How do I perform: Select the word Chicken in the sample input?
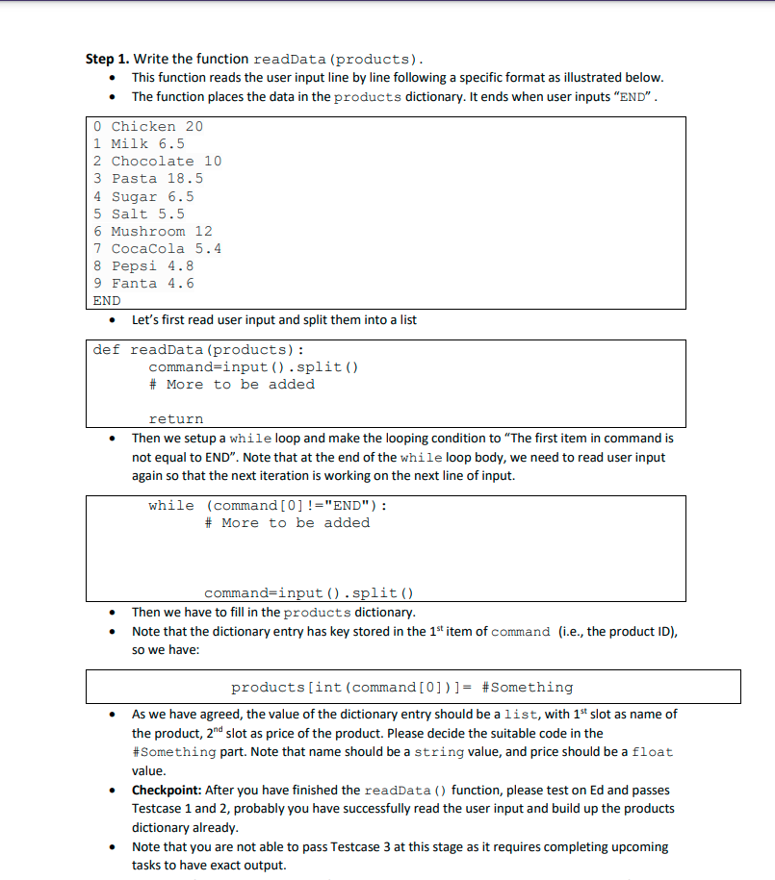coord(143,126)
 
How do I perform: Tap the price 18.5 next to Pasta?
coord(185,178)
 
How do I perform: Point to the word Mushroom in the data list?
coord(148,231)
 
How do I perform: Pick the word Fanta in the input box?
coord(134,283)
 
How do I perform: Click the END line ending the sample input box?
coord(107,300)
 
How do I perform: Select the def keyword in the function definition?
coord(106,349)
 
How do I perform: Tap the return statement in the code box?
coord(175,418)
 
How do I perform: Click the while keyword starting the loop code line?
coord(171,505)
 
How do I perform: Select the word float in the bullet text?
coord(654,751)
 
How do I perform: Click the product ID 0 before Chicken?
coord(98,126)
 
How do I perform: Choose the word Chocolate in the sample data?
coord(152,161)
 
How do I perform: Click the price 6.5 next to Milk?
coord(171,143)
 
